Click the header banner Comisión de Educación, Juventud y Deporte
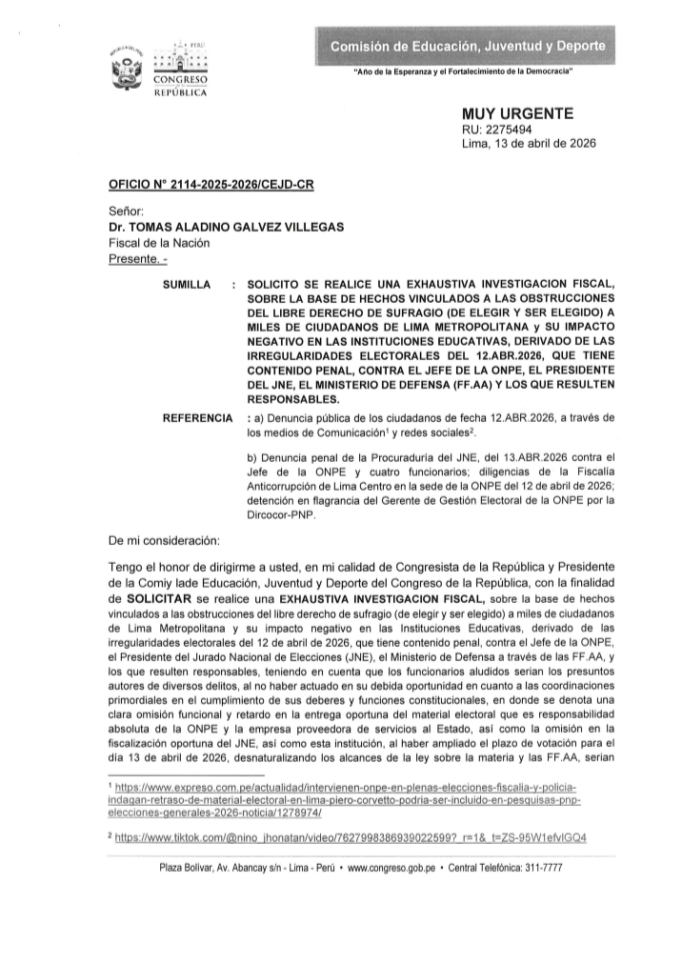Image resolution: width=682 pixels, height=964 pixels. click(x=466, y=46)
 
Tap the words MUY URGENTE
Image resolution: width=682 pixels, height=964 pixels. click(x=517, y=114)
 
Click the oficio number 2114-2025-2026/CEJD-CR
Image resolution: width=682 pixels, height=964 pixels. click(x=211, y=189)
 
